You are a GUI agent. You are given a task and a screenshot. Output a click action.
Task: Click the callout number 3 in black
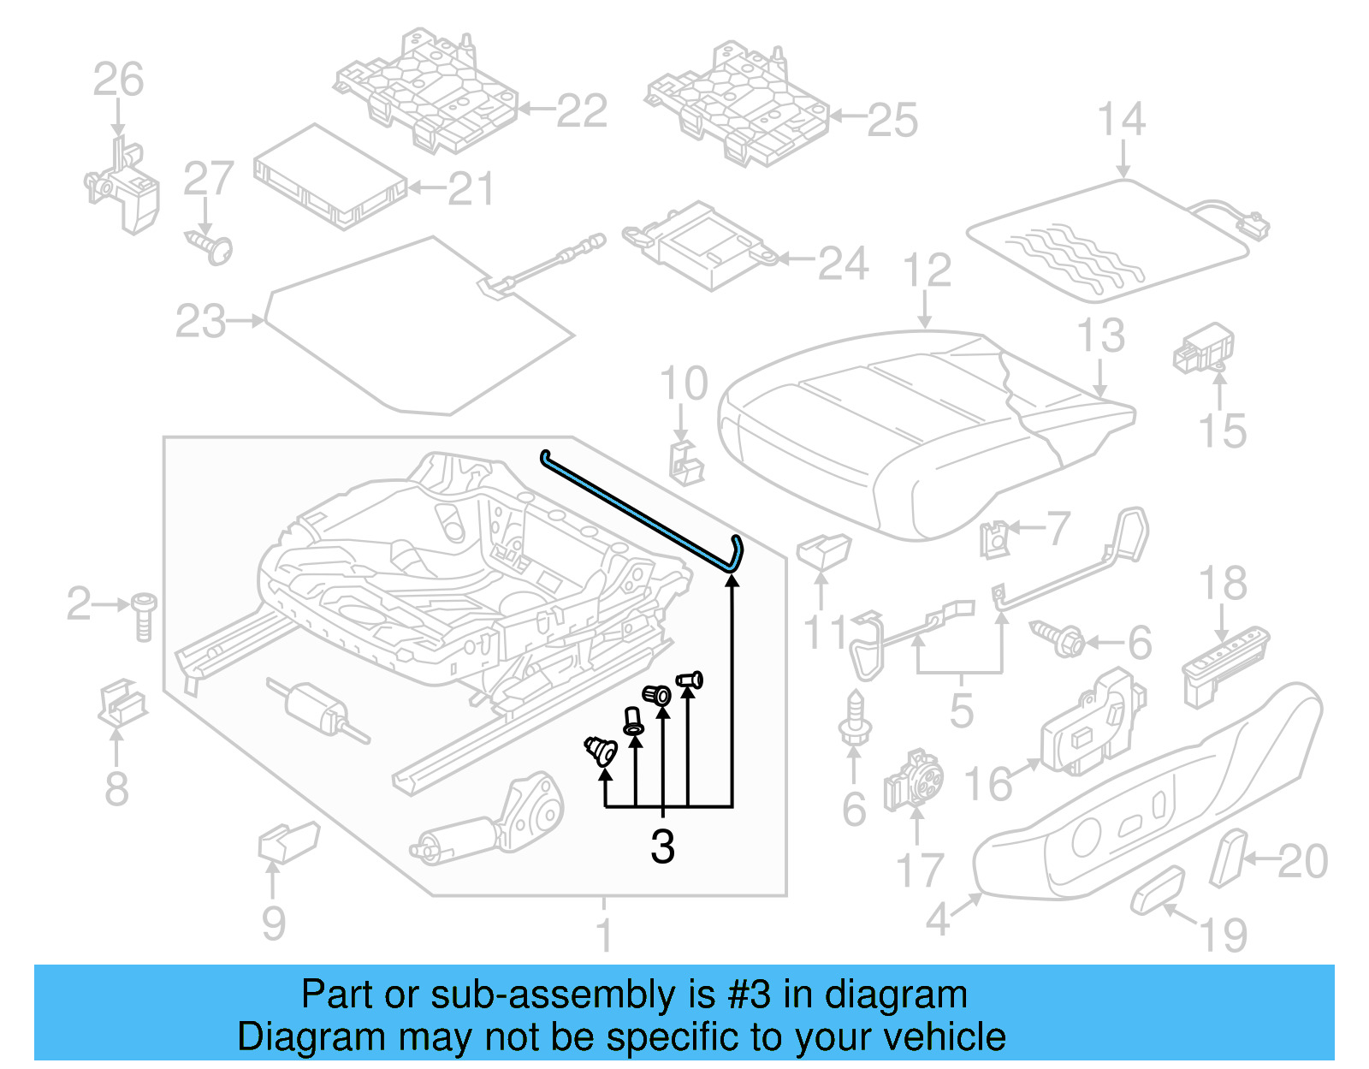(x=662, y=846)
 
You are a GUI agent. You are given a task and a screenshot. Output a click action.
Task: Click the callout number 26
(x=118, y=80)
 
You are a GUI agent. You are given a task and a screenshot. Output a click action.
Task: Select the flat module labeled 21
(x=329, y=178)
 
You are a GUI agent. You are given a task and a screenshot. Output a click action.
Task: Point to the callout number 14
(x=1121, y=119)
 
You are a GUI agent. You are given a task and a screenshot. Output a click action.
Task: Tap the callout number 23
(x=200, y=322)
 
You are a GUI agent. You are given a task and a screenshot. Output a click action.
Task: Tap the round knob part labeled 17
(x=916, y=780)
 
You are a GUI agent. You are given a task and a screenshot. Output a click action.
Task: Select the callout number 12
(x=927, y=270)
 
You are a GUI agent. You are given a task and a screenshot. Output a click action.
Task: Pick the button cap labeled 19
(x=1158, y=890)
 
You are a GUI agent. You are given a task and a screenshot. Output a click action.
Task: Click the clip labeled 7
(x=995, y=538)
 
